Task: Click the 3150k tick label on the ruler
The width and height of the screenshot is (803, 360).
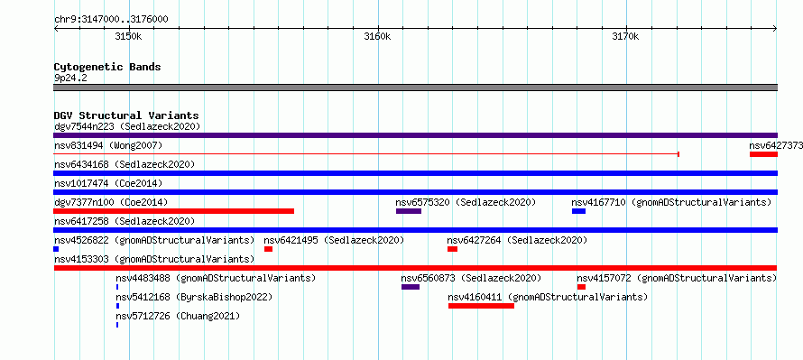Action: coord(128,36)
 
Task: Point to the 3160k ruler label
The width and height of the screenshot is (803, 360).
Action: coord(377,36)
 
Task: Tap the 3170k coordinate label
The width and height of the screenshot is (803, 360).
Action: coord(626,36)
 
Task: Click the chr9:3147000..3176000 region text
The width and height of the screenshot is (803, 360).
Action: coord(111,20)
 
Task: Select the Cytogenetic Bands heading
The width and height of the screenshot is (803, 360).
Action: coord(107,67)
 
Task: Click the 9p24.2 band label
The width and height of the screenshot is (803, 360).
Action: coord(70,78)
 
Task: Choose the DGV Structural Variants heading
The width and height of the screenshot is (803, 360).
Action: coord(126,115)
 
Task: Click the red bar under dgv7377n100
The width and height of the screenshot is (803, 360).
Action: coord(174,211)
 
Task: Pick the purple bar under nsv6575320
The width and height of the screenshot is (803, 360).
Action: coord(409,211)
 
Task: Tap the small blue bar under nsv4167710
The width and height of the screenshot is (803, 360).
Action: coord(578,211)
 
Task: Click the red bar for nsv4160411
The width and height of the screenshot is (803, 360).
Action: coord(482,306)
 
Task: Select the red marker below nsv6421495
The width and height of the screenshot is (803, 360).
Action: coord(268,249)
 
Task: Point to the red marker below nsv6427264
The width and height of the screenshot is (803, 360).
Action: coord(452,249)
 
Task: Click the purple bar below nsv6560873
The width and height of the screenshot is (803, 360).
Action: coord(411,287)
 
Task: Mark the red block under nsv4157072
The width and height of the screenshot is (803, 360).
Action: coord(581,287)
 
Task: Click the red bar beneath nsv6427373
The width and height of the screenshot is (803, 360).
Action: coord(763,154)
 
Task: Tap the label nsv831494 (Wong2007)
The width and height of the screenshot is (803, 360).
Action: coord(108,145)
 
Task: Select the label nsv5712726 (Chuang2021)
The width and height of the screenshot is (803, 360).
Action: coord(178,316)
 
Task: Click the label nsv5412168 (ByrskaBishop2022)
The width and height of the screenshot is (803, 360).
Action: coord(194,297)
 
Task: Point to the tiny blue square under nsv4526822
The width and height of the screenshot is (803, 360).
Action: coord(56,249)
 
